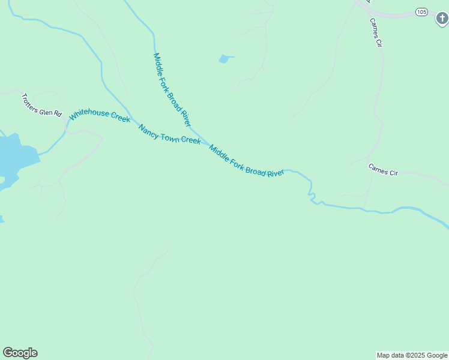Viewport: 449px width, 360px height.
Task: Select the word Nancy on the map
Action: pyautogui.click(x=149, y=130)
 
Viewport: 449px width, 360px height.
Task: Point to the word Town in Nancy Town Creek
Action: pyautogui.click(x=170, y=136)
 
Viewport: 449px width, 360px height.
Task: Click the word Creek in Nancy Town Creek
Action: pyautogui.click(x=191, y=141)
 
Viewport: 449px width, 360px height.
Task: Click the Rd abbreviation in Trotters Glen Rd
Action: pyautogui.click(x=58, y=113)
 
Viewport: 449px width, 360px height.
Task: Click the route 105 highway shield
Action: pyautogui.click(x=421, y=11)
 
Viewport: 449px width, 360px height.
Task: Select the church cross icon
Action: pyautogui.click(x=442, y=19)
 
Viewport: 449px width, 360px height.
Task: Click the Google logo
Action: pyautogui.click(x=20, y=353)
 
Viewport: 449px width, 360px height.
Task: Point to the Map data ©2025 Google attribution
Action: pyautogui.click(x=412, y=355)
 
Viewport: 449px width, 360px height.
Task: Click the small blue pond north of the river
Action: pyautogui.click(x=224, y=59)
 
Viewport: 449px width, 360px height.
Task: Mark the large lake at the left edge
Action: pyautogui.click(x=15, y=159)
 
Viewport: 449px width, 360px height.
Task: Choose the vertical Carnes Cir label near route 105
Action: pyautogui.click(x=376, y=32)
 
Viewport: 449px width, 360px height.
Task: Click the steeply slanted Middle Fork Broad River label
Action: pyautogui.click(x=172, y=89)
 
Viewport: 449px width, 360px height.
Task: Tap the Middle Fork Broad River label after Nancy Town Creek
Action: pyautogui.click(x=246, y=161)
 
